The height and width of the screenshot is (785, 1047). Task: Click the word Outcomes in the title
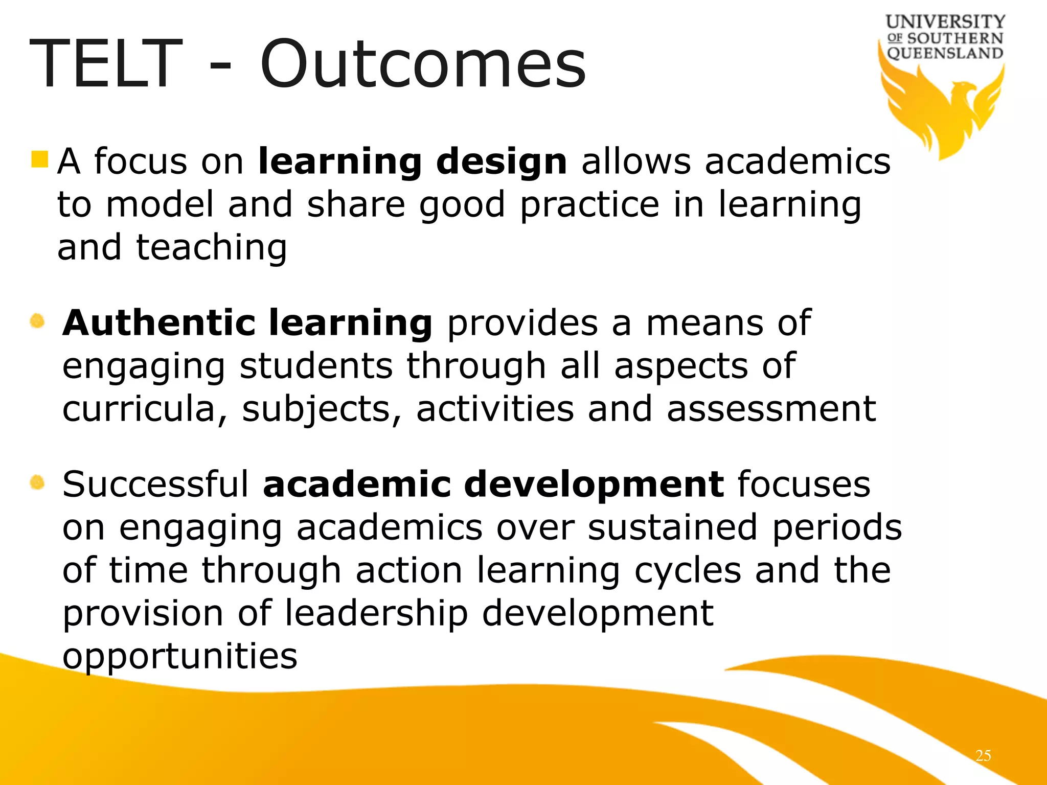tap(423, 65)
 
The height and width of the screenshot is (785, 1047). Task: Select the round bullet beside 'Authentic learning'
tap(37, 321)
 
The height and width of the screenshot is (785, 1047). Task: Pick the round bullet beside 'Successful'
tap(37, 482)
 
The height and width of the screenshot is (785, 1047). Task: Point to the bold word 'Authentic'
tap(159, 323)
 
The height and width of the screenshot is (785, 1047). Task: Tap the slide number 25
tap(983, 755)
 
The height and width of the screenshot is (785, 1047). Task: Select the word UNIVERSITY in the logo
tap(945, 22)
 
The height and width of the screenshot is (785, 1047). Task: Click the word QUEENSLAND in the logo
tap(945, 53)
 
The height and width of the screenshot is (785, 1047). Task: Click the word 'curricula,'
tap(145, 409)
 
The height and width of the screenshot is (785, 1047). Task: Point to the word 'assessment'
tap(771, 409)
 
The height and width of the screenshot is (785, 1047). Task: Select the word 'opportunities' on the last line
tap(179, 657)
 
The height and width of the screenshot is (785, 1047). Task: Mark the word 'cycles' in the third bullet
tap(687, 571)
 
